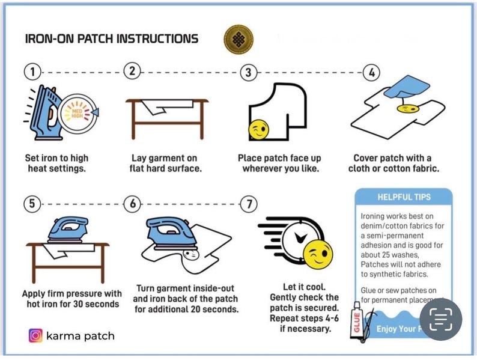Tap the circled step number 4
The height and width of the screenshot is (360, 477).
(372, 73)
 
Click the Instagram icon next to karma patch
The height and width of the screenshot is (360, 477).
(35, 335)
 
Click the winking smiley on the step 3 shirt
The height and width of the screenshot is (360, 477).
(259, 130)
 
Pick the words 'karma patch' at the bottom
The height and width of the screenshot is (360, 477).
(80, 335)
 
